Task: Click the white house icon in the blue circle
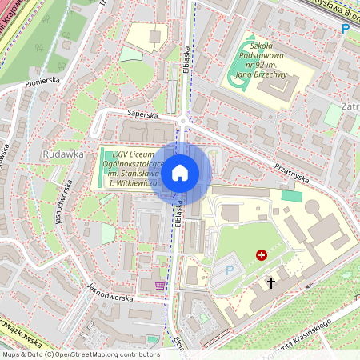click(x=180, y=172)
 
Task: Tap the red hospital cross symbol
click(x=261, y=255)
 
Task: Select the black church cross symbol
click(x=270, y=282)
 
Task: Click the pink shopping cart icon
click(x=160, y=285)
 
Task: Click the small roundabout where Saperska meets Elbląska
click(x=184, y=122)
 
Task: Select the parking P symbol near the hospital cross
click(x=230, y=270)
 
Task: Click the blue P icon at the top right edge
click(x=346, y=29)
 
